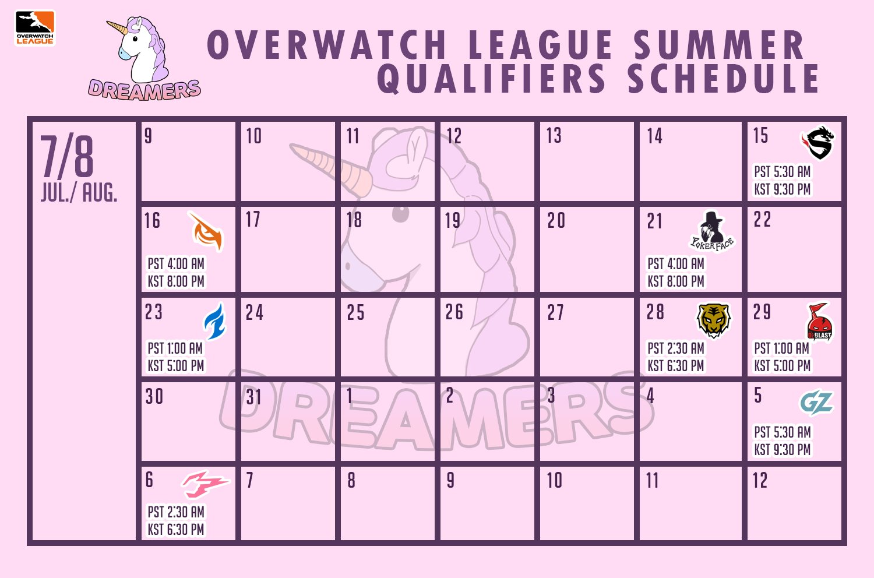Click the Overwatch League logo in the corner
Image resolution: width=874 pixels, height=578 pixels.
pyautogui.click(x=35, y=27)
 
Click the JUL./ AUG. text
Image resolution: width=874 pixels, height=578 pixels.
pyautogui.click(x=79, y=192)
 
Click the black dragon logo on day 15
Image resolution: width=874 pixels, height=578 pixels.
pyautogui.click(x=818, y=143)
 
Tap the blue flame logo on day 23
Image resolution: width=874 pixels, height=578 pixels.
pyautogui.click(x=214, y=321)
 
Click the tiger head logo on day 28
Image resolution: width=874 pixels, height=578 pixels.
pyautogui.click(x=714, y=320)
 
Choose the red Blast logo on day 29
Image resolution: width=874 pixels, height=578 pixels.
pyautogui.click(x=819, y=322)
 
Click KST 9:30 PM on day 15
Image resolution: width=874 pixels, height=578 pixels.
pyautogui.click(x=783, y=189)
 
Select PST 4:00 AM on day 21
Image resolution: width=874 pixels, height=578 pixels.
pyautogui.click(x=676, y=264)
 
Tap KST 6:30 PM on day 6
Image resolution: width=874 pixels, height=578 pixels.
pyautogui.click(x=176, y=530)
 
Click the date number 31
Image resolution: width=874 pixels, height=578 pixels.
pyautogui.click(x=253, y=397)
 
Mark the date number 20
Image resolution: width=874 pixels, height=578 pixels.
pyautogui.click(x=556, y=220)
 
